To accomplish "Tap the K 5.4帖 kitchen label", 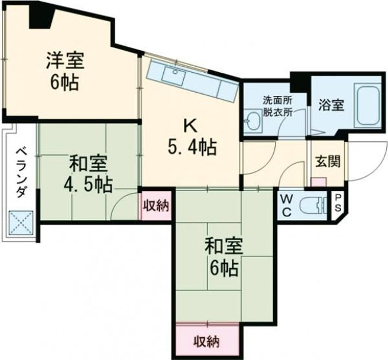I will click(191, 137).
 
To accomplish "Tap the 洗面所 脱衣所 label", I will click(278, 106).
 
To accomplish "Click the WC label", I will click(286, 204).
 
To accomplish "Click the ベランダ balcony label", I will click(21, 171).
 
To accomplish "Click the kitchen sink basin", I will click(173, 76).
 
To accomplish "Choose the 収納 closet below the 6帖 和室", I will click(207, 341).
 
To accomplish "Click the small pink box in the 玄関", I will click(318, 182).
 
